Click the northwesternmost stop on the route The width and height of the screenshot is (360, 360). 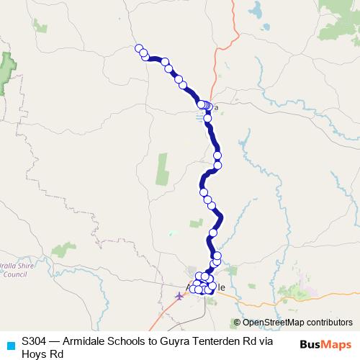tap(139, 48)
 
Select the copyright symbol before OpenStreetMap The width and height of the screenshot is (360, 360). tap(237, 323)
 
